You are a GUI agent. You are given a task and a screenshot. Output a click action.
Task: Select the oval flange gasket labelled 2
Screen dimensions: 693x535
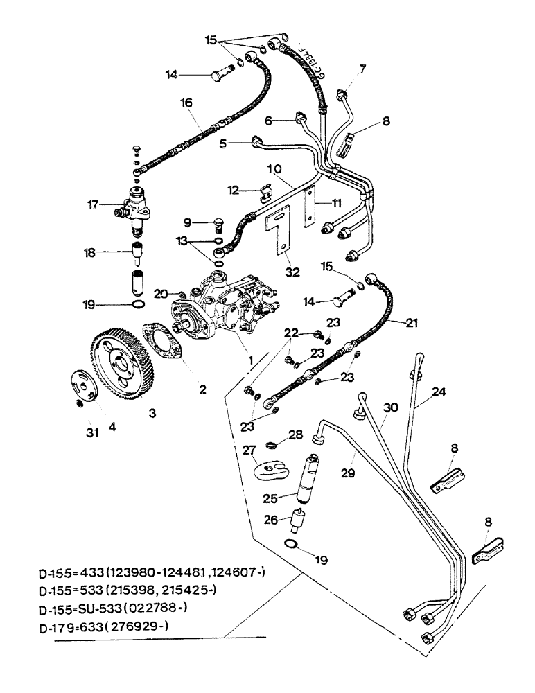(x=164, y=342)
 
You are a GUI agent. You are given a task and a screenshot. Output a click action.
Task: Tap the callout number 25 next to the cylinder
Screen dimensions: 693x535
(x=269, y=498)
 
